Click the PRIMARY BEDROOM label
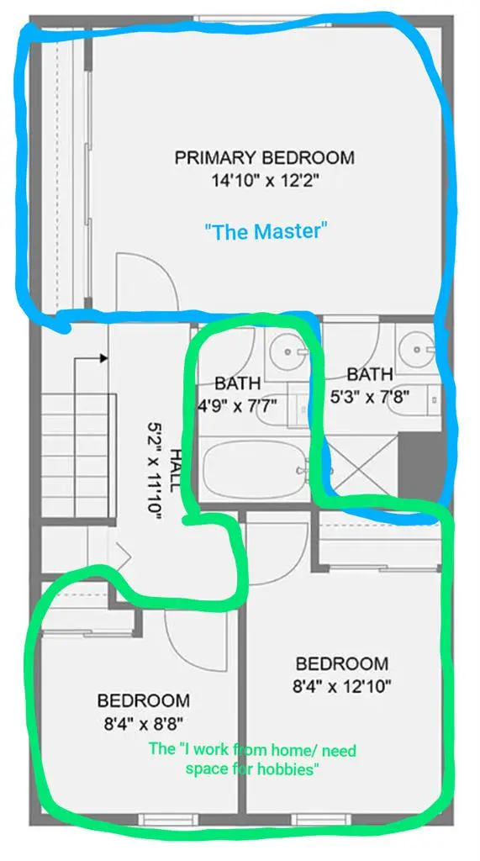pyautogui.click(x=264, y=157)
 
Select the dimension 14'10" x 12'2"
pyautogui.click(x=264, y=179)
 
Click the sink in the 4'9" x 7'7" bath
pyautogui.click(x=289, y=349)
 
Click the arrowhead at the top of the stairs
pyautogui.click(x=103, y=358)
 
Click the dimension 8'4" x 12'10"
pyautogui.click(x=341, y=684)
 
